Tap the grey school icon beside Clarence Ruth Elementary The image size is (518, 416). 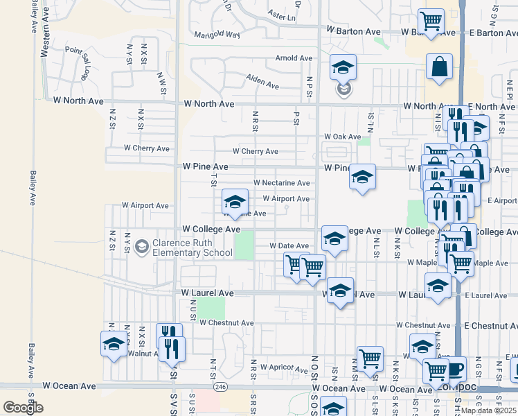coord(143,248)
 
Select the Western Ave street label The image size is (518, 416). coord(33,17)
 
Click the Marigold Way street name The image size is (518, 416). coord(217,35)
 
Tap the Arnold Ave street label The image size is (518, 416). coord(295,58)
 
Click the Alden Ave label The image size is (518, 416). coord(264,85)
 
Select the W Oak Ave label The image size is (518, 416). coord(343,137)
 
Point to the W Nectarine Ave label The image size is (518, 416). coord(281,183)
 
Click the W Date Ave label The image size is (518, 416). coord(292,246)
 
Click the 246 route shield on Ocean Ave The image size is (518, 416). coord(220,386)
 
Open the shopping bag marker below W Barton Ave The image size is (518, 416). coord(439,67)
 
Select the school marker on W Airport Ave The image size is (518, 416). coord(235,202)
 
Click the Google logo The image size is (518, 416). coord(23,408)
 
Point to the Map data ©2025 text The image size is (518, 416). coord(488,410)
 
